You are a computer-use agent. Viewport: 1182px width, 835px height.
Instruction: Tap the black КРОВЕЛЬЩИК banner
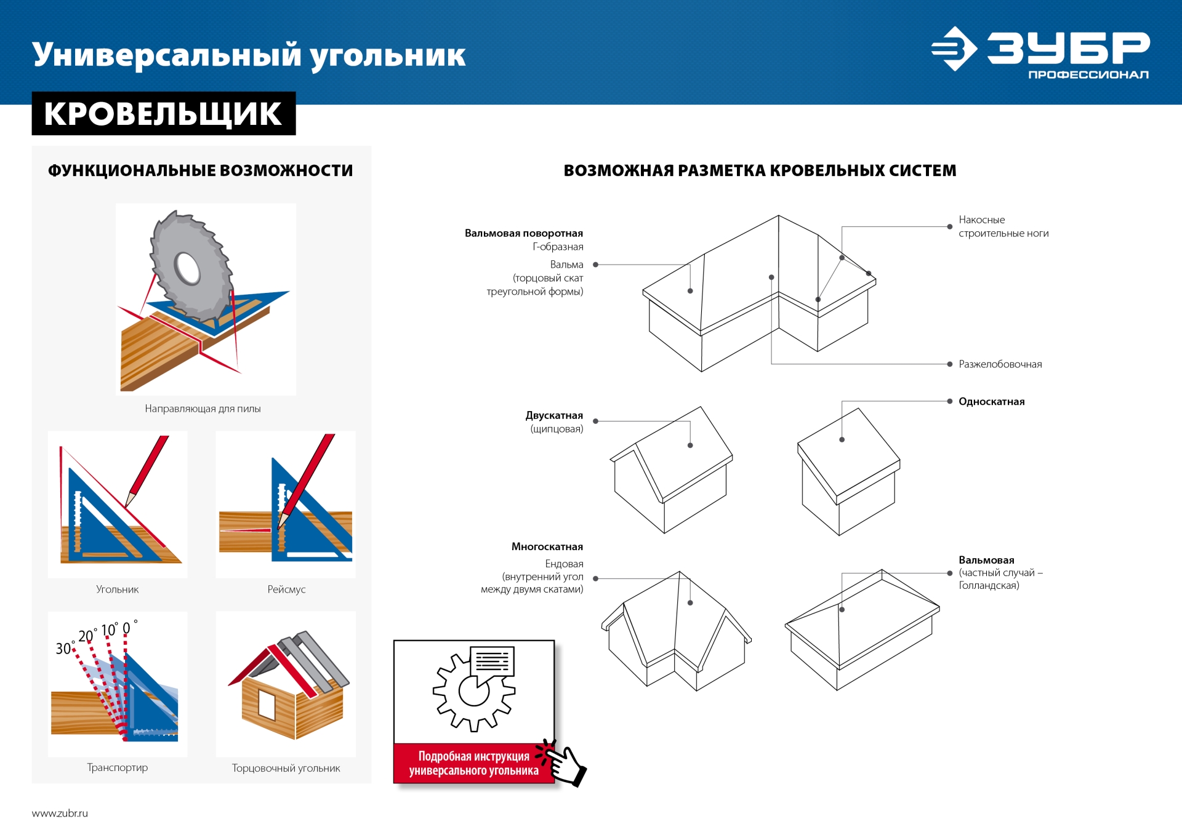tap(163, 114)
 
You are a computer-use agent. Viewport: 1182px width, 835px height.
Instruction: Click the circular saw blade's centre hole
tap(187, 268)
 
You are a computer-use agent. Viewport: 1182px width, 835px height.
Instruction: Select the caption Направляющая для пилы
tap(203, 409)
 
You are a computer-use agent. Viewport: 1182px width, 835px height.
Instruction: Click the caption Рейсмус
tap(286, 589)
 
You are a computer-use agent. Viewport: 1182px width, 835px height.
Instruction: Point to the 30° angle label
tap(64, 648)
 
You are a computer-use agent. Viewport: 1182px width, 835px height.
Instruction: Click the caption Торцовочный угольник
tap(286, 768)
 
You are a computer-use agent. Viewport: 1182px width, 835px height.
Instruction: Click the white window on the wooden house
tap(267, 705)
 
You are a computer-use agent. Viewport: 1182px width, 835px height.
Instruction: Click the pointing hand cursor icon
tap(565, 765)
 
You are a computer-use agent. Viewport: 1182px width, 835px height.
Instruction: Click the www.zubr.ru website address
tap(60, 813)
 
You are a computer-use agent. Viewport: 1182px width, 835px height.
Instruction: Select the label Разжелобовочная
tap(1000, 364)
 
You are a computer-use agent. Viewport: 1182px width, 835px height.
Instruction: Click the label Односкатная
tap(991, 402)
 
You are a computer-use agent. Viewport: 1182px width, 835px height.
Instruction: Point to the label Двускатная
tap(554, 415)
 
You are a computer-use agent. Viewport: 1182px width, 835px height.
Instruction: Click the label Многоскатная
tap(547, 546)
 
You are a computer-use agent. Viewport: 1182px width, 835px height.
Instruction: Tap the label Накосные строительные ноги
tap(1003, 226)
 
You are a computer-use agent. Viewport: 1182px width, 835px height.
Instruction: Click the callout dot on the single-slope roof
tap(842, 439)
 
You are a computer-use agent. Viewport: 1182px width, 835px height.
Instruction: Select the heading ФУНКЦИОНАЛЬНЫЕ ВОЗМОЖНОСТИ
tap(201, 170)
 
